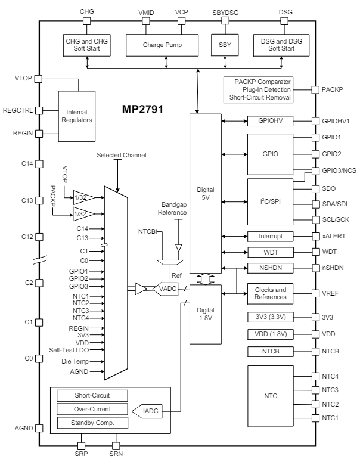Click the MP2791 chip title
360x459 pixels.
tap(141, 111)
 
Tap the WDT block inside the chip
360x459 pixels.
tap(271, 252)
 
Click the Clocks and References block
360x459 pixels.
tap(271, 293)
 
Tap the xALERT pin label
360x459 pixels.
tap(333, 236)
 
